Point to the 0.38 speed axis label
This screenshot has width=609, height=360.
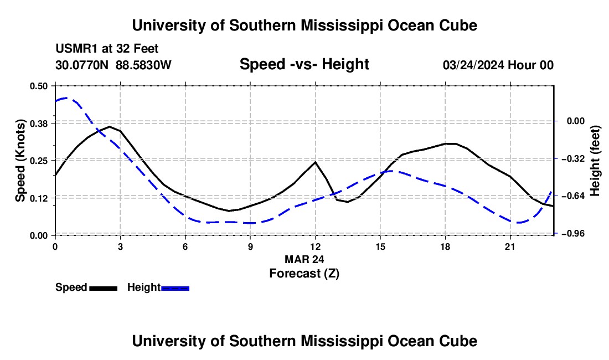[x=38, y=124]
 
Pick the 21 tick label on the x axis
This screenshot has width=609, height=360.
[x=510, y=246]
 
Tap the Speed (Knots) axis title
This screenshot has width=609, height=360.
[x=20, y=161]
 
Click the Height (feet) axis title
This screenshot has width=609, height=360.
[x=595, y=161]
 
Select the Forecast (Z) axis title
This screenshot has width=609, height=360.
[x=304, y=274]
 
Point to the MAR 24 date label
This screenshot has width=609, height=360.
[x=304, y=259]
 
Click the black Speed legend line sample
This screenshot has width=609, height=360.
[x=104, y=288]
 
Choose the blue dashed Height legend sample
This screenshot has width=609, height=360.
[x=175, y=288]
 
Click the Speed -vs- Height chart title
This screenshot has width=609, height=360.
[x=304, y=64]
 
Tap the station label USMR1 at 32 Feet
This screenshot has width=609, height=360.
[x=107, y=49]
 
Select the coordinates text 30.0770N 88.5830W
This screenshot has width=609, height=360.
[x=113, y=65]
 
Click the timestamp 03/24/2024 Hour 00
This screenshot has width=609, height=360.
[x=498, y=65]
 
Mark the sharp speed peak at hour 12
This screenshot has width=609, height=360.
[x=316, y=162]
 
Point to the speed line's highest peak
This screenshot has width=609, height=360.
[x=110, y=127]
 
